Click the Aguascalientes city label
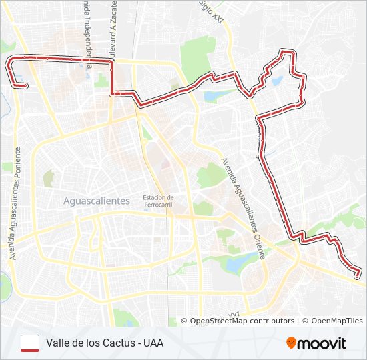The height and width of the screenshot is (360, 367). (96, 201)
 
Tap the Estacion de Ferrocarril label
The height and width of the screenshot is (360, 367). (158, 201)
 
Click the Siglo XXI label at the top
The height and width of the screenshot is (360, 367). (213, 11)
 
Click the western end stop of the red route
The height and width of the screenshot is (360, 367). (25, 85)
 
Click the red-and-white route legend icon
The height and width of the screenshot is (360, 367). (30, 343)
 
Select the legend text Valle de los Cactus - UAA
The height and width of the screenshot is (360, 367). (105, 343)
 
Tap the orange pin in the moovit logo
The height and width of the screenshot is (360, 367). (291, 343)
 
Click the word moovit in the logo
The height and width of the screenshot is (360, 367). (322, 343)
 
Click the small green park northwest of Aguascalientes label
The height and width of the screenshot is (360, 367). (49, 178)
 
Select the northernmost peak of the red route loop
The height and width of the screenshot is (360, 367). (288, 51)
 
